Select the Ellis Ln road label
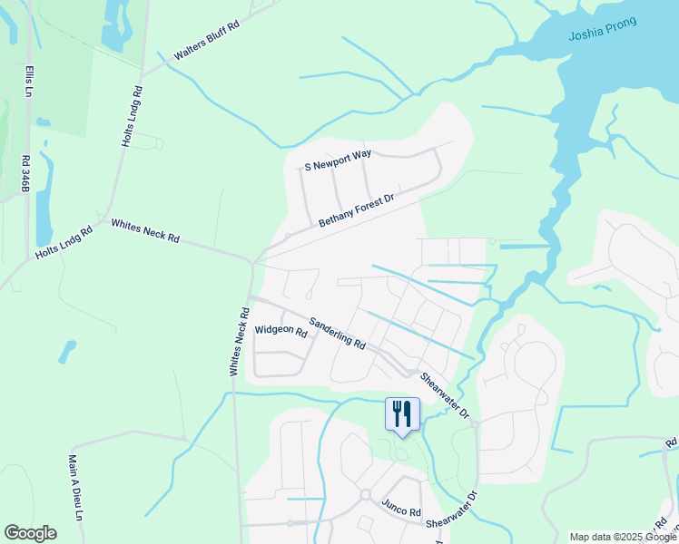click(30, 83)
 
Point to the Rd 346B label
click(25, 172)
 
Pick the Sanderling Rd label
click(337, 334)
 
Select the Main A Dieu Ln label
click(75, 487)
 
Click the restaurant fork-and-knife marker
click(400, 413)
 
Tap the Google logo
click(30, 533)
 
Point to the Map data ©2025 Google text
click(622, 537)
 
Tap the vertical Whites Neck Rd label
click(240, 342)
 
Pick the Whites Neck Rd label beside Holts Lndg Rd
click(145, 231)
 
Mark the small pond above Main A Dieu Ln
click(67, 349)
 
